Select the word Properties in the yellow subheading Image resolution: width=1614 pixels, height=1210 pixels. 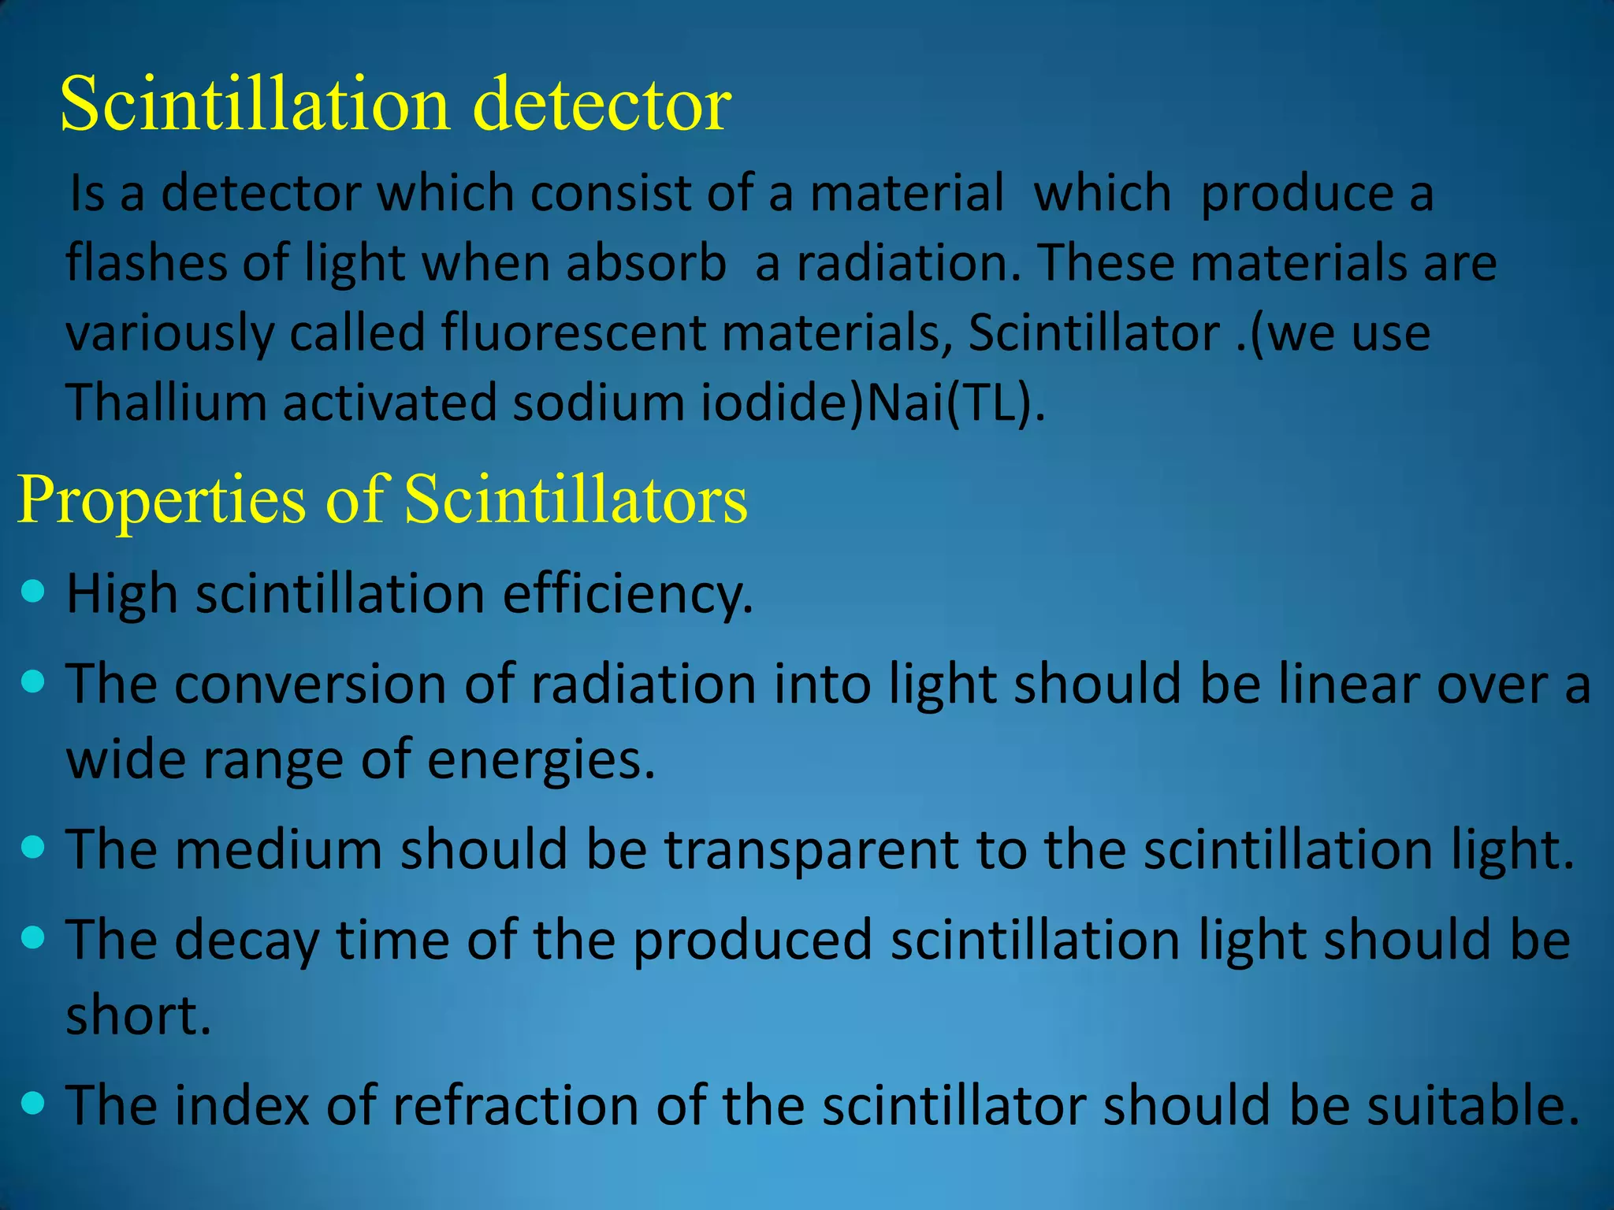162,499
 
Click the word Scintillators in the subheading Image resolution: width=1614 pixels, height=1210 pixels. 575,499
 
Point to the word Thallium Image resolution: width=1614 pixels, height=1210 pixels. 165,402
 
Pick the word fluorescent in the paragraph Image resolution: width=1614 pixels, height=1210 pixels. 574,332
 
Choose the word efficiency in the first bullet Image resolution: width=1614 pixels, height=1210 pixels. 627,593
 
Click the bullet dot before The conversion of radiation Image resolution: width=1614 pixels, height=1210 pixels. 33,681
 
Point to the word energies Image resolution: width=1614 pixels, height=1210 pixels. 541,760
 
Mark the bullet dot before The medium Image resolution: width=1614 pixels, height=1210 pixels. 33,848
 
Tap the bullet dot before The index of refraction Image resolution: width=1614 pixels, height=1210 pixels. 33,1103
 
